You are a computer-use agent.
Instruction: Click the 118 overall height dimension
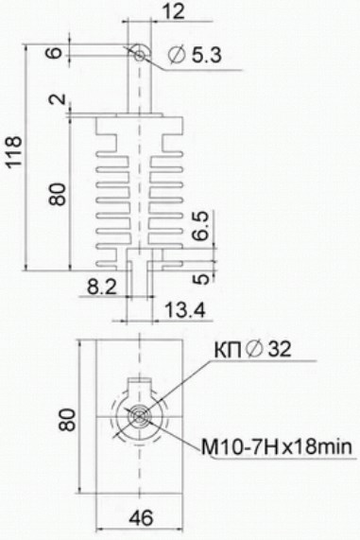pyautogui.click(x=14, y=152)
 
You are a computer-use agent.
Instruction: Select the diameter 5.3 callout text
pyautogui.click(x=195, y=56)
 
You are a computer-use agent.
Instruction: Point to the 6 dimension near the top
pyautogui.click(x=56, y=52)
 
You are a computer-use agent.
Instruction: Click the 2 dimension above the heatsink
pyautogui.click(x=57, y=99)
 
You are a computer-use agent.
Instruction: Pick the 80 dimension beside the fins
pyautogui.click(x=58, y=194)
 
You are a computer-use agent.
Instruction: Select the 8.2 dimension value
pyautogui.click(x=101, y=287)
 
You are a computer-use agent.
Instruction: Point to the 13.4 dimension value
pyautogui.click(x=185, y=309)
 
